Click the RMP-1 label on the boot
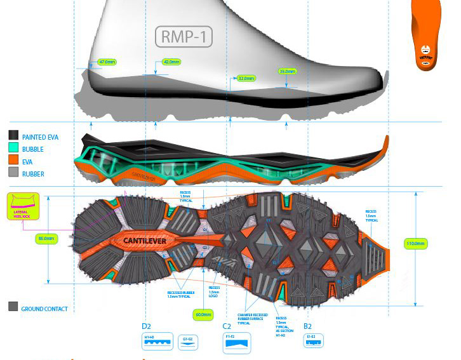[x=184, y=37]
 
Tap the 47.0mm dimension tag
[x=106, y=62]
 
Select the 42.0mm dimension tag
[x=171, y=62]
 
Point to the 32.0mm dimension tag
[x=246, y=79]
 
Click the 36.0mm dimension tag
[x=287, y=71]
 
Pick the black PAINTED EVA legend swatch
[x=13, y=135]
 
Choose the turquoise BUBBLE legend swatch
[x=13, y=147]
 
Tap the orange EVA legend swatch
[x=13, y=160]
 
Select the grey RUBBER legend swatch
[x=13, y=172]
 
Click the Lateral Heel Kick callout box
[x=23, y=206]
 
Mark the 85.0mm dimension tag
[x=46, y=239]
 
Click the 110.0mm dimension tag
[x=416, y=243]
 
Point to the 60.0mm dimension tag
[x=203, y=314]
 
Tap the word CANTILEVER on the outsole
[x=145, y=241]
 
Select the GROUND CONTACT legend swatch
[x=13, y=307]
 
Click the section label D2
[x=147, y=327]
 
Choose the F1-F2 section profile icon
[x=237, y=343]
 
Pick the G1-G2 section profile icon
[x=188, y=342]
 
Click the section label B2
[x=308, y=327]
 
